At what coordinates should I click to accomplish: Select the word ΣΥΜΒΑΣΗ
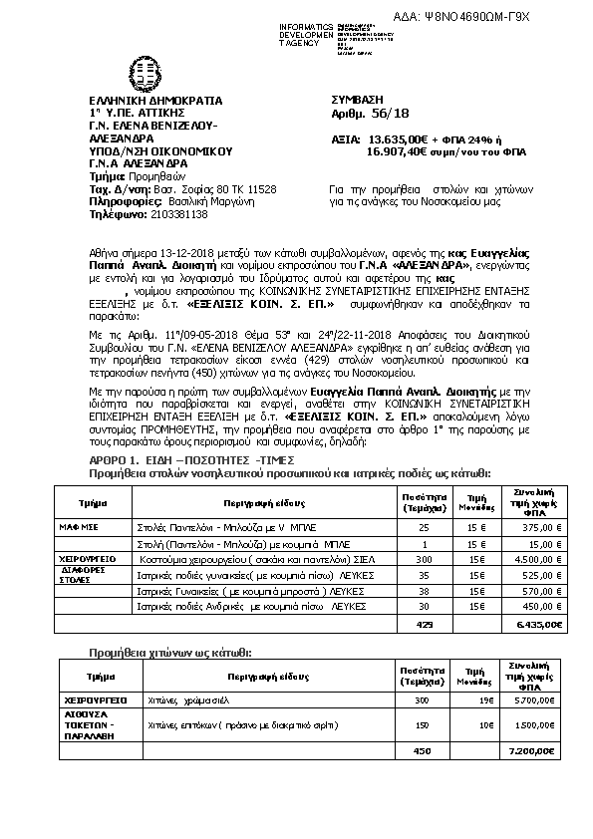(x=356, y=101)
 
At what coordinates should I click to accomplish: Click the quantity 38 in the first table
(x=424, y=591)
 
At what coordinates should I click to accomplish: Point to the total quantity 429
(x=424, y=623)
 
